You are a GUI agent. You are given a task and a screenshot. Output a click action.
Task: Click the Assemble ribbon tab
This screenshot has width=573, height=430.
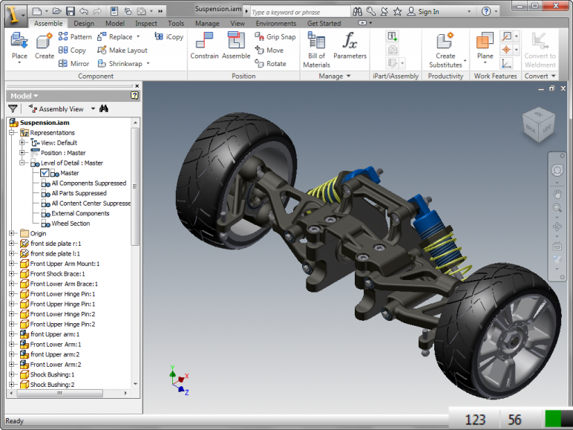48,23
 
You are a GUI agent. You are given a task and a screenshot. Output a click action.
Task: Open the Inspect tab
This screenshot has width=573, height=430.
145,23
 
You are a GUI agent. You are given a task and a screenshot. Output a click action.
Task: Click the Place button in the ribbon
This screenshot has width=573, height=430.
19,46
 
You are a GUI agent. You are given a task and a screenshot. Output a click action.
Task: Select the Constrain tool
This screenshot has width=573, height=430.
204,46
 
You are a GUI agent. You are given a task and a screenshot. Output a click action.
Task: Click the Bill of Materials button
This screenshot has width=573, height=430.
316,49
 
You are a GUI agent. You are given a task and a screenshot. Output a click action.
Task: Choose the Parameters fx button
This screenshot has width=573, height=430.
350,46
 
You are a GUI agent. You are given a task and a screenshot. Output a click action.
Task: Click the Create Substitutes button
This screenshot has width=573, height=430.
445,49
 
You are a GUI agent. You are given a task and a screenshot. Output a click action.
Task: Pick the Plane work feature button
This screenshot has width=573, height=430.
485,46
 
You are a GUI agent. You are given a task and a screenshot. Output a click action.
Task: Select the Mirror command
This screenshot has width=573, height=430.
73,64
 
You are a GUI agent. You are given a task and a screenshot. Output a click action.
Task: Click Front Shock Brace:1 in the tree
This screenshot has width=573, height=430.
57,274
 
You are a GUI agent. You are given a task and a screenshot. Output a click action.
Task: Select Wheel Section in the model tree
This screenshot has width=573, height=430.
71,224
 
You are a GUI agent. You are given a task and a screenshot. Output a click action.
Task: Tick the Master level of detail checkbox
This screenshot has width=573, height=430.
45,173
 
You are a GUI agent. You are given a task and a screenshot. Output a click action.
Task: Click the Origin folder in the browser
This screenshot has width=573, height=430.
38,233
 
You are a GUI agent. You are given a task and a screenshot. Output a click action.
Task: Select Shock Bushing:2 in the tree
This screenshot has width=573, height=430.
52,385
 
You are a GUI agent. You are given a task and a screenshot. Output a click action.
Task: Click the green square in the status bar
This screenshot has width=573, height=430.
554,419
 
